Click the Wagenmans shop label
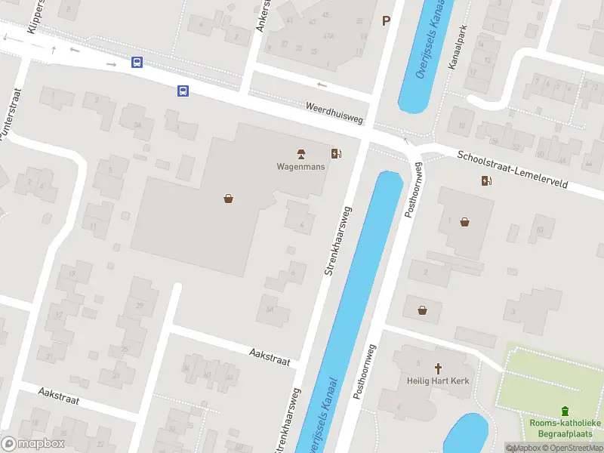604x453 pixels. [x=300, y=167]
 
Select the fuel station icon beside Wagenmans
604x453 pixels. [x=336, y=154]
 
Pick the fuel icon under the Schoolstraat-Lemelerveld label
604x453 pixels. [x=487, y=180]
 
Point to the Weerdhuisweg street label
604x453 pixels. [x=334, y=114]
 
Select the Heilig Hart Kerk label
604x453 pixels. [x=438, y=381]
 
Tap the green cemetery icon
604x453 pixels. [x=565, y=411]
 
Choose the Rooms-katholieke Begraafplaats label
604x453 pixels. [x=565, y=428]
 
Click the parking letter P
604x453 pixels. [x=387, y=21]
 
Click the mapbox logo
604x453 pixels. [x=32, y=443]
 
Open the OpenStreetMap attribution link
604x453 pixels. [x=573, y=448]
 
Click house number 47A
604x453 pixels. [x=328, y=35]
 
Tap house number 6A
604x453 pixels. [x=270, y=309]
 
